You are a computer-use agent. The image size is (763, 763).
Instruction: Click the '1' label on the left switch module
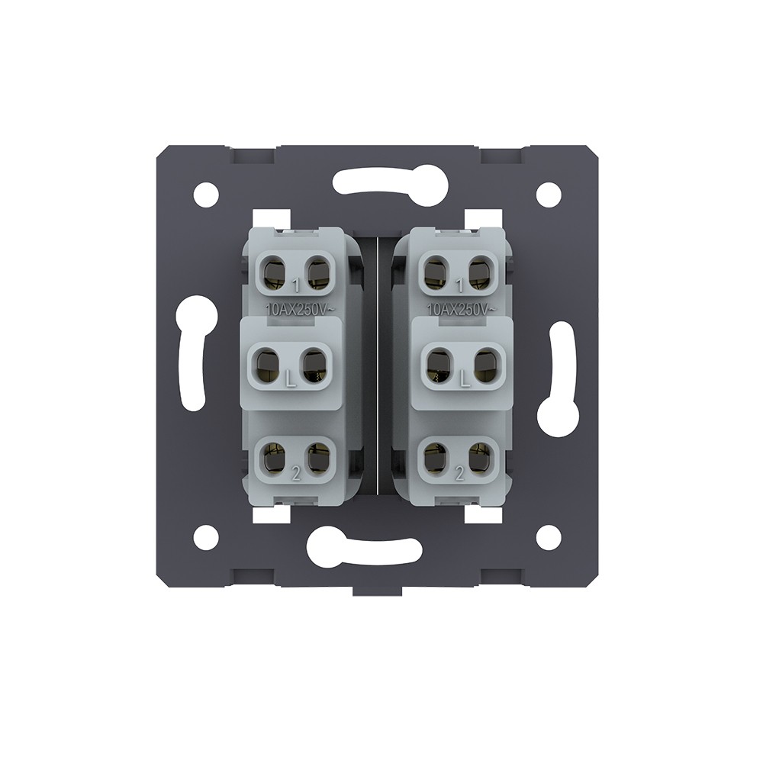pos(295,285)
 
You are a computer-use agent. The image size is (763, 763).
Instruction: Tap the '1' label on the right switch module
pos(459,285)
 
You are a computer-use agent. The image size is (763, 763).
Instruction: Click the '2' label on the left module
pos(295,475)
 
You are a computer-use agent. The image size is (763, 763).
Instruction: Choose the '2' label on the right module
pos(459,475)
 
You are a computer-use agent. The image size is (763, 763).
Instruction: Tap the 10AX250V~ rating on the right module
pos(462,308)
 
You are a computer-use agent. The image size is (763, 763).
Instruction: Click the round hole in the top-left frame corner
pos(206,192)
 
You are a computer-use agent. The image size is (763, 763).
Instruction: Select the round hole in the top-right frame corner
pos(548,192)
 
